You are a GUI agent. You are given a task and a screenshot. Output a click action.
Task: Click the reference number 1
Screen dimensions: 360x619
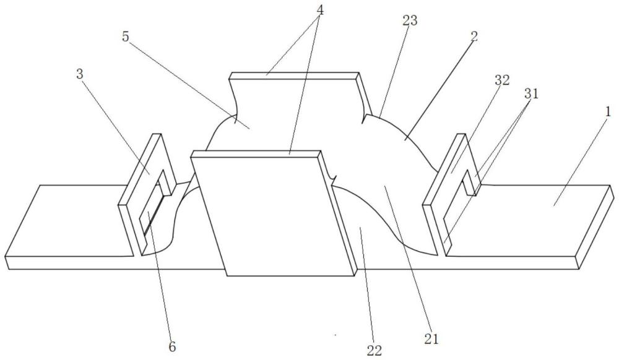coord(608,111)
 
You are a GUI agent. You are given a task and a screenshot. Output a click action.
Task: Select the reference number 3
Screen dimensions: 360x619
coord(80,74)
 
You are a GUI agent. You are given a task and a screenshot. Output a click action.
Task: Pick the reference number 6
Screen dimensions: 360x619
coord(172,346)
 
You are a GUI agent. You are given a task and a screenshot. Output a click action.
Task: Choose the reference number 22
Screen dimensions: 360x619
coord(374,351)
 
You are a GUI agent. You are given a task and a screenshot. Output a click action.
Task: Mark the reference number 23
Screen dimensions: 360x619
coord(409,20)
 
